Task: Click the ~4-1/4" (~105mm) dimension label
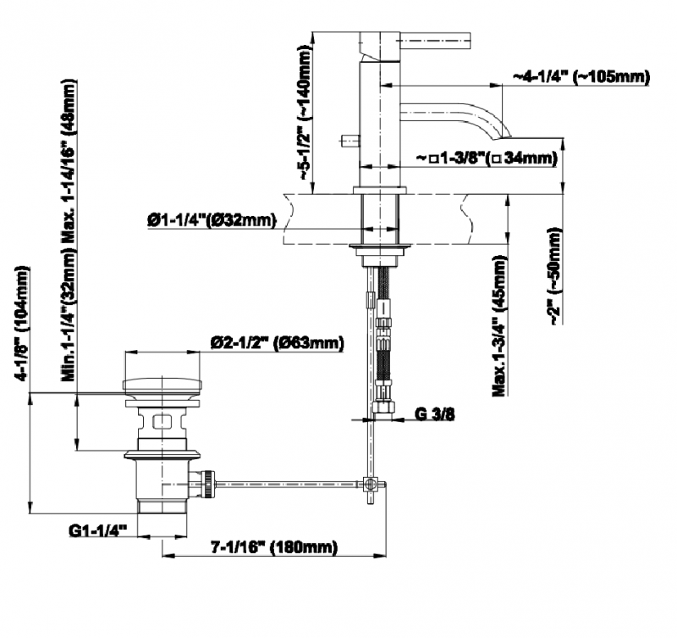click(x=581, y=77)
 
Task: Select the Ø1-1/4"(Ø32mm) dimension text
click(x=212, y=220)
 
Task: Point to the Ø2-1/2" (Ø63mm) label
click(x=278, y=343)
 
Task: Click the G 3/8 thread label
click(x=434, y=414)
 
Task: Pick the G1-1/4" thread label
click(x=97, y=530)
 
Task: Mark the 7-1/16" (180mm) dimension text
click(x=273, y=547)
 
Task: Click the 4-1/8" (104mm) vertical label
click(x=23, y=323)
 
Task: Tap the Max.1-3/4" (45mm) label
click(x=499, y=326)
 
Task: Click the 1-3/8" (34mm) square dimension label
click(x=486, y=158)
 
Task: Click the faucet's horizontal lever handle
click(x=436, y=42)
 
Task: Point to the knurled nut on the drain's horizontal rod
click(x=209, y=484)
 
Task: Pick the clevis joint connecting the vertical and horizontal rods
click(x=370, y=484)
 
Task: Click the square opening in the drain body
click(x=162, y=420)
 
